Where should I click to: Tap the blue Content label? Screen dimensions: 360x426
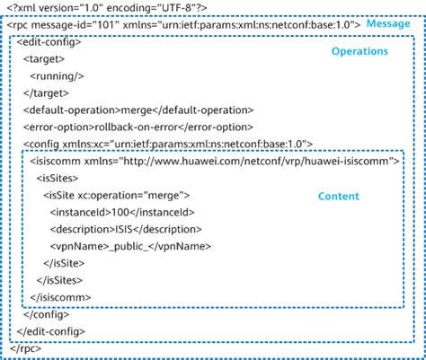tap(338, 196)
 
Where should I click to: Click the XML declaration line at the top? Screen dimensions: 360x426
tap(107, 7)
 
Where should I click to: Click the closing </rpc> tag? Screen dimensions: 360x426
tap(26, 348)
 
